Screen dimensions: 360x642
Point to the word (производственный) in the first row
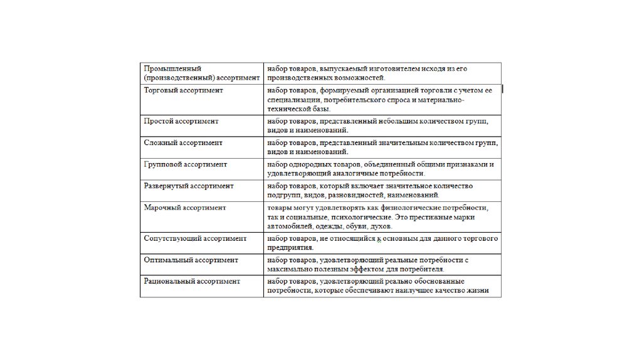pos(176,78)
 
